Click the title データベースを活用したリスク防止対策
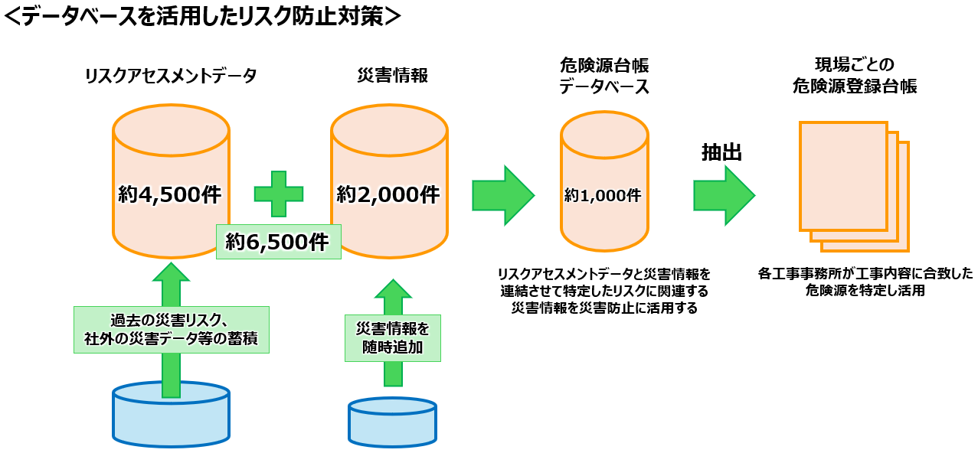click(x=202, y=17)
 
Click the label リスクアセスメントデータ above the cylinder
click(x=171, y=76)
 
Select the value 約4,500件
click(x=170, y=195)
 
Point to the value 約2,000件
click(x=388, y=195)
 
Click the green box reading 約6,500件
click(x=278, y=242)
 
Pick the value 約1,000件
click(x=603, y=195)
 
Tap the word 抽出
click(x=721, y=153)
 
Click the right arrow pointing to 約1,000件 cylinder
click(x=502, y=195)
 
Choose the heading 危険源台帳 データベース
click(x=603, y=76)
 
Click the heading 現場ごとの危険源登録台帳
click(x=854, y=76)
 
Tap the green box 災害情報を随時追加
click(x=393, y=338)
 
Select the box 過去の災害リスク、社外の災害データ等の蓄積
click(x=171, y=330)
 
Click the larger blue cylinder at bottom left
click(x=171, y=416)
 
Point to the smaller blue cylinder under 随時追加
click(x=392, y=422)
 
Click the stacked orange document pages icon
click(x=852, y=186)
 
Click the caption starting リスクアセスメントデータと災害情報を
click(x=603, y=291)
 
